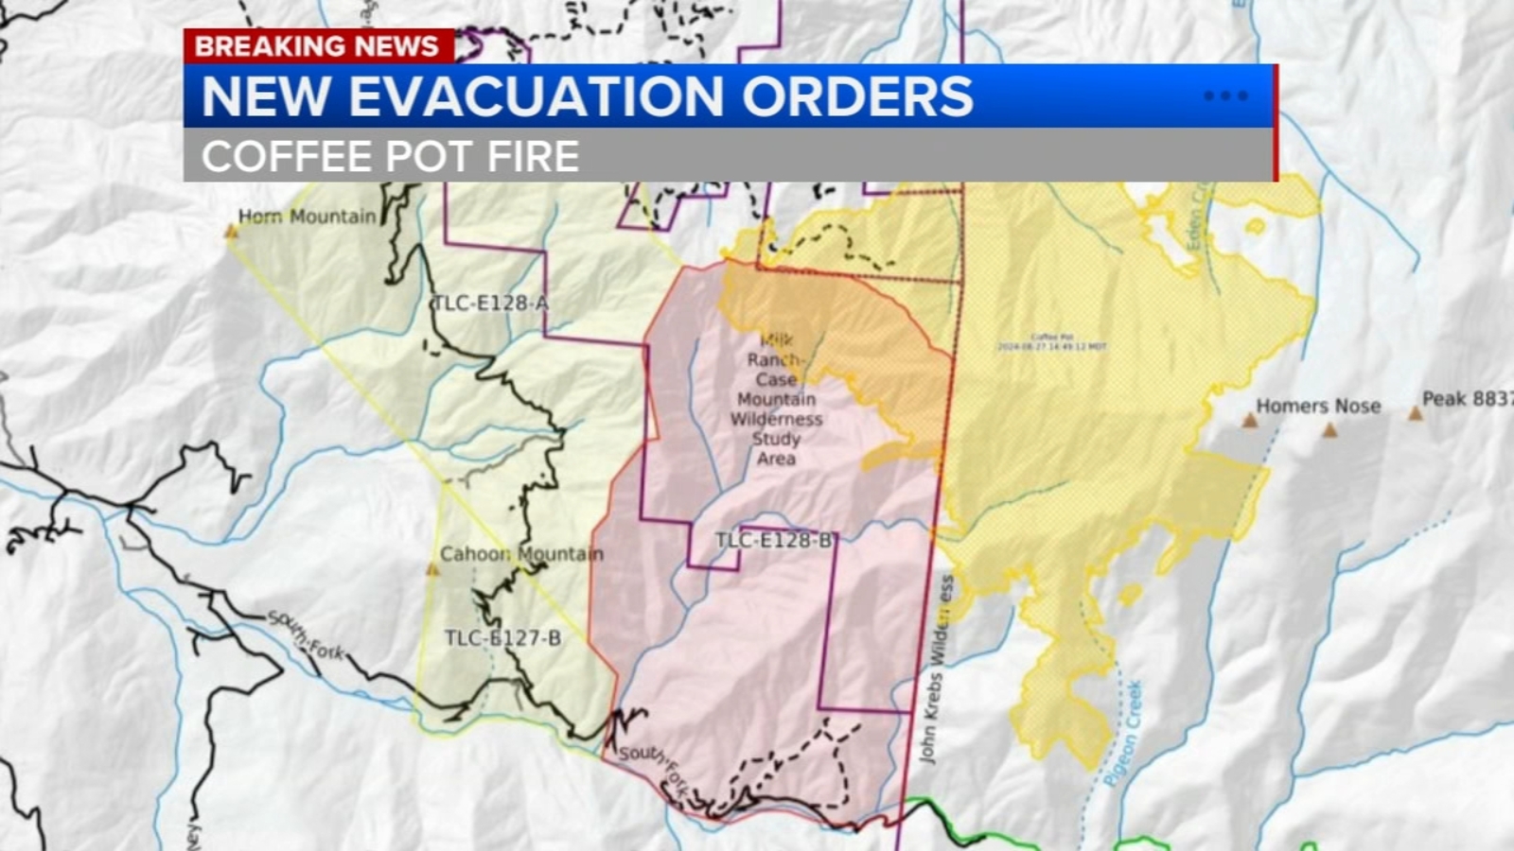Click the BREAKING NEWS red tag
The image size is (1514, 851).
(317, 45)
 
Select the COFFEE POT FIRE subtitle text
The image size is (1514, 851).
(390, 156)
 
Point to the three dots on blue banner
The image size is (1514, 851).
(1225, 96)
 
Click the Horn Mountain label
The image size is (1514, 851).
(307, 217)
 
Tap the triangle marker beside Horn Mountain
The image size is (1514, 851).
(230, 231)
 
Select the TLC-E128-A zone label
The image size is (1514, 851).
(489, 303)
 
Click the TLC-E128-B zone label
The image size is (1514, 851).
(774, 540)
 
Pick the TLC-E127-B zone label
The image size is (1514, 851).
(502, 638)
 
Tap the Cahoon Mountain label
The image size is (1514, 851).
(521, 553)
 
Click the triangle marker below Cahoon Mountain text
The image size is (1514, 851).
(432, 569)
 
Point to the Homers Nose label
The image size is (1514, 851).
(1318, 406)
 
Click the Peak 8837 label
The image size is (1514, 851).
(1467, 398)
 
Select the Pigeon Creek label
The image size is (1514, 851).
(1124, 733)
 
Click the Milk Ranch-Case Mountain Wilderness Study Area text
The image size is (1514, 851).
(776, 399)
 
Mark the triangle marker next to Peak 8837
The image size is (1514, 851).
(1415, 413)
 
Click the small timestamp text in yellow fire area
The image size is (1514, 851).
(1051, 342)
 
